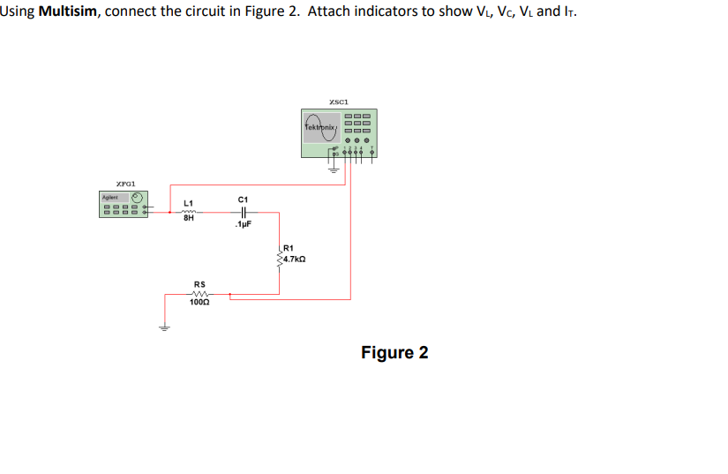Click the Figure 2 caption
[x=394, y=352]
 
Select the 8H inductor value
[x=188, y=221]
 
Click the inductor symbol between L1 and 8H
[x=188, y=212]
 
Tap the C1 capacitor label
[x=244, y=199]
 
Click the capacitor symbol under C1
[x=244, y=212]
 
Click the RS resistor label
[x=199, y=284]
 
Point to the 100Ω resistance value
[x=199, y=303]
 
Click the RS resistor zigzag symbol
[x=199, y=294]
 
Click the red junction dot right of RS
[x=229, y=294]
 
